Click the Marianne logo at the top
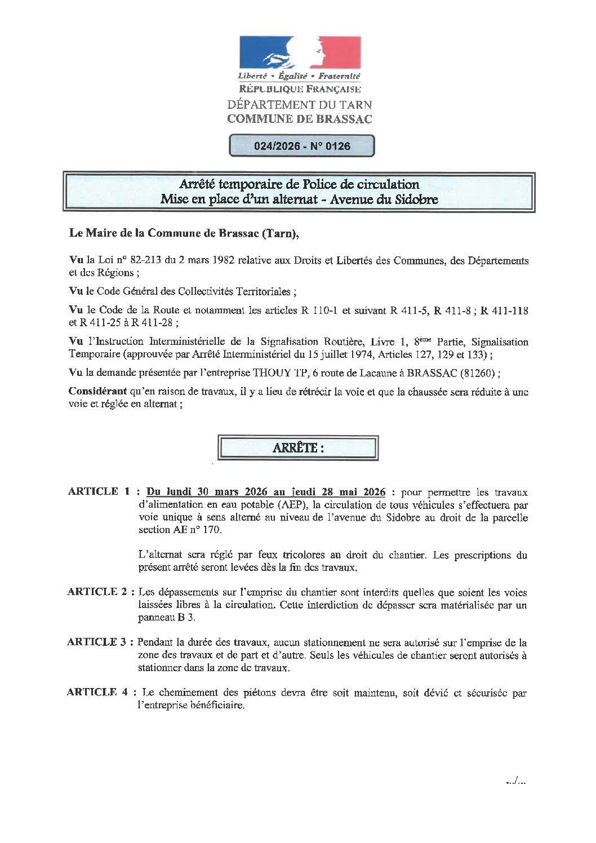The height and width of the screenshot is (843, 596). point(300,52)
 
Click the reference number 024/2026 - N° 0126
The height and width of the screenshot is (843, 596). point(302,146)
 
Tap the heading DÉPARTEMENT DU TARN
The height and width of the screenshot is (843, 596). point(300,105)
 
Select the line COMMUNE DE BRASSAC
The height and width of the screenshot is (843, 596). point(300,119)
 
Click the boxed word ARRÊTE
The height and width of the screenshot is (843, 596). point(298,448)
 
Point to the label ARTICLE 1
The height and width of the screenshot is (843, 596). point(99,491)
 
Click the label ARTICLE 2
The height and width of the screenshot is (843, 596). point(98,592)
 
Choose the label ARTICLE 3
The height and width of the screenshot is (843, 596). point(97,642)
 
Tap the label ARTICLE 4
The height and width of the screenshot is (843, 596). point(97,692)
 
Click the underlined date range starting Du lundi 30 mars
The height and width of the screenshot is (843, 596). point(266,492)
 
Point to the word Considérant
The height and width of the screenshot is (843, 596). point(97,391)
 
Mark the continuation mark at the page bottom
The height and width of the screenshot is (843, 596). point(515,781)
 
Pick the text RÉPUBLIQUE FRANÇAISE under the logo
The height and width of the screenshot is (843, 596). point(300,89)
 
